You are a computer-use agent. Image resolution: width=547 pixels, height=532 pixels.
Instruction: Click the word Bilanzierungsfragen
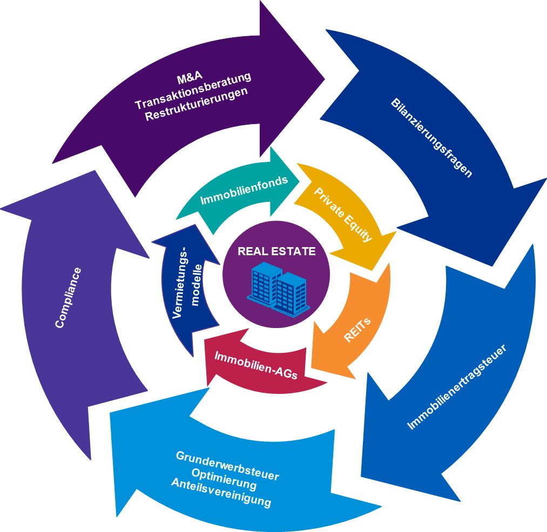[x=431, y=138]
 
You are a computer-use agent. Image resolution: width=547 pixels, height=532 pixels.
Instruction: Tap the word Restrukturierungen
[x=197, y=101]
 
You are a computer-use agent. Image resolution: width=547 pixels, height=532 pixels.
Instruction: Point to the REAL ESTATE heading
[x=276, y=251]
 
